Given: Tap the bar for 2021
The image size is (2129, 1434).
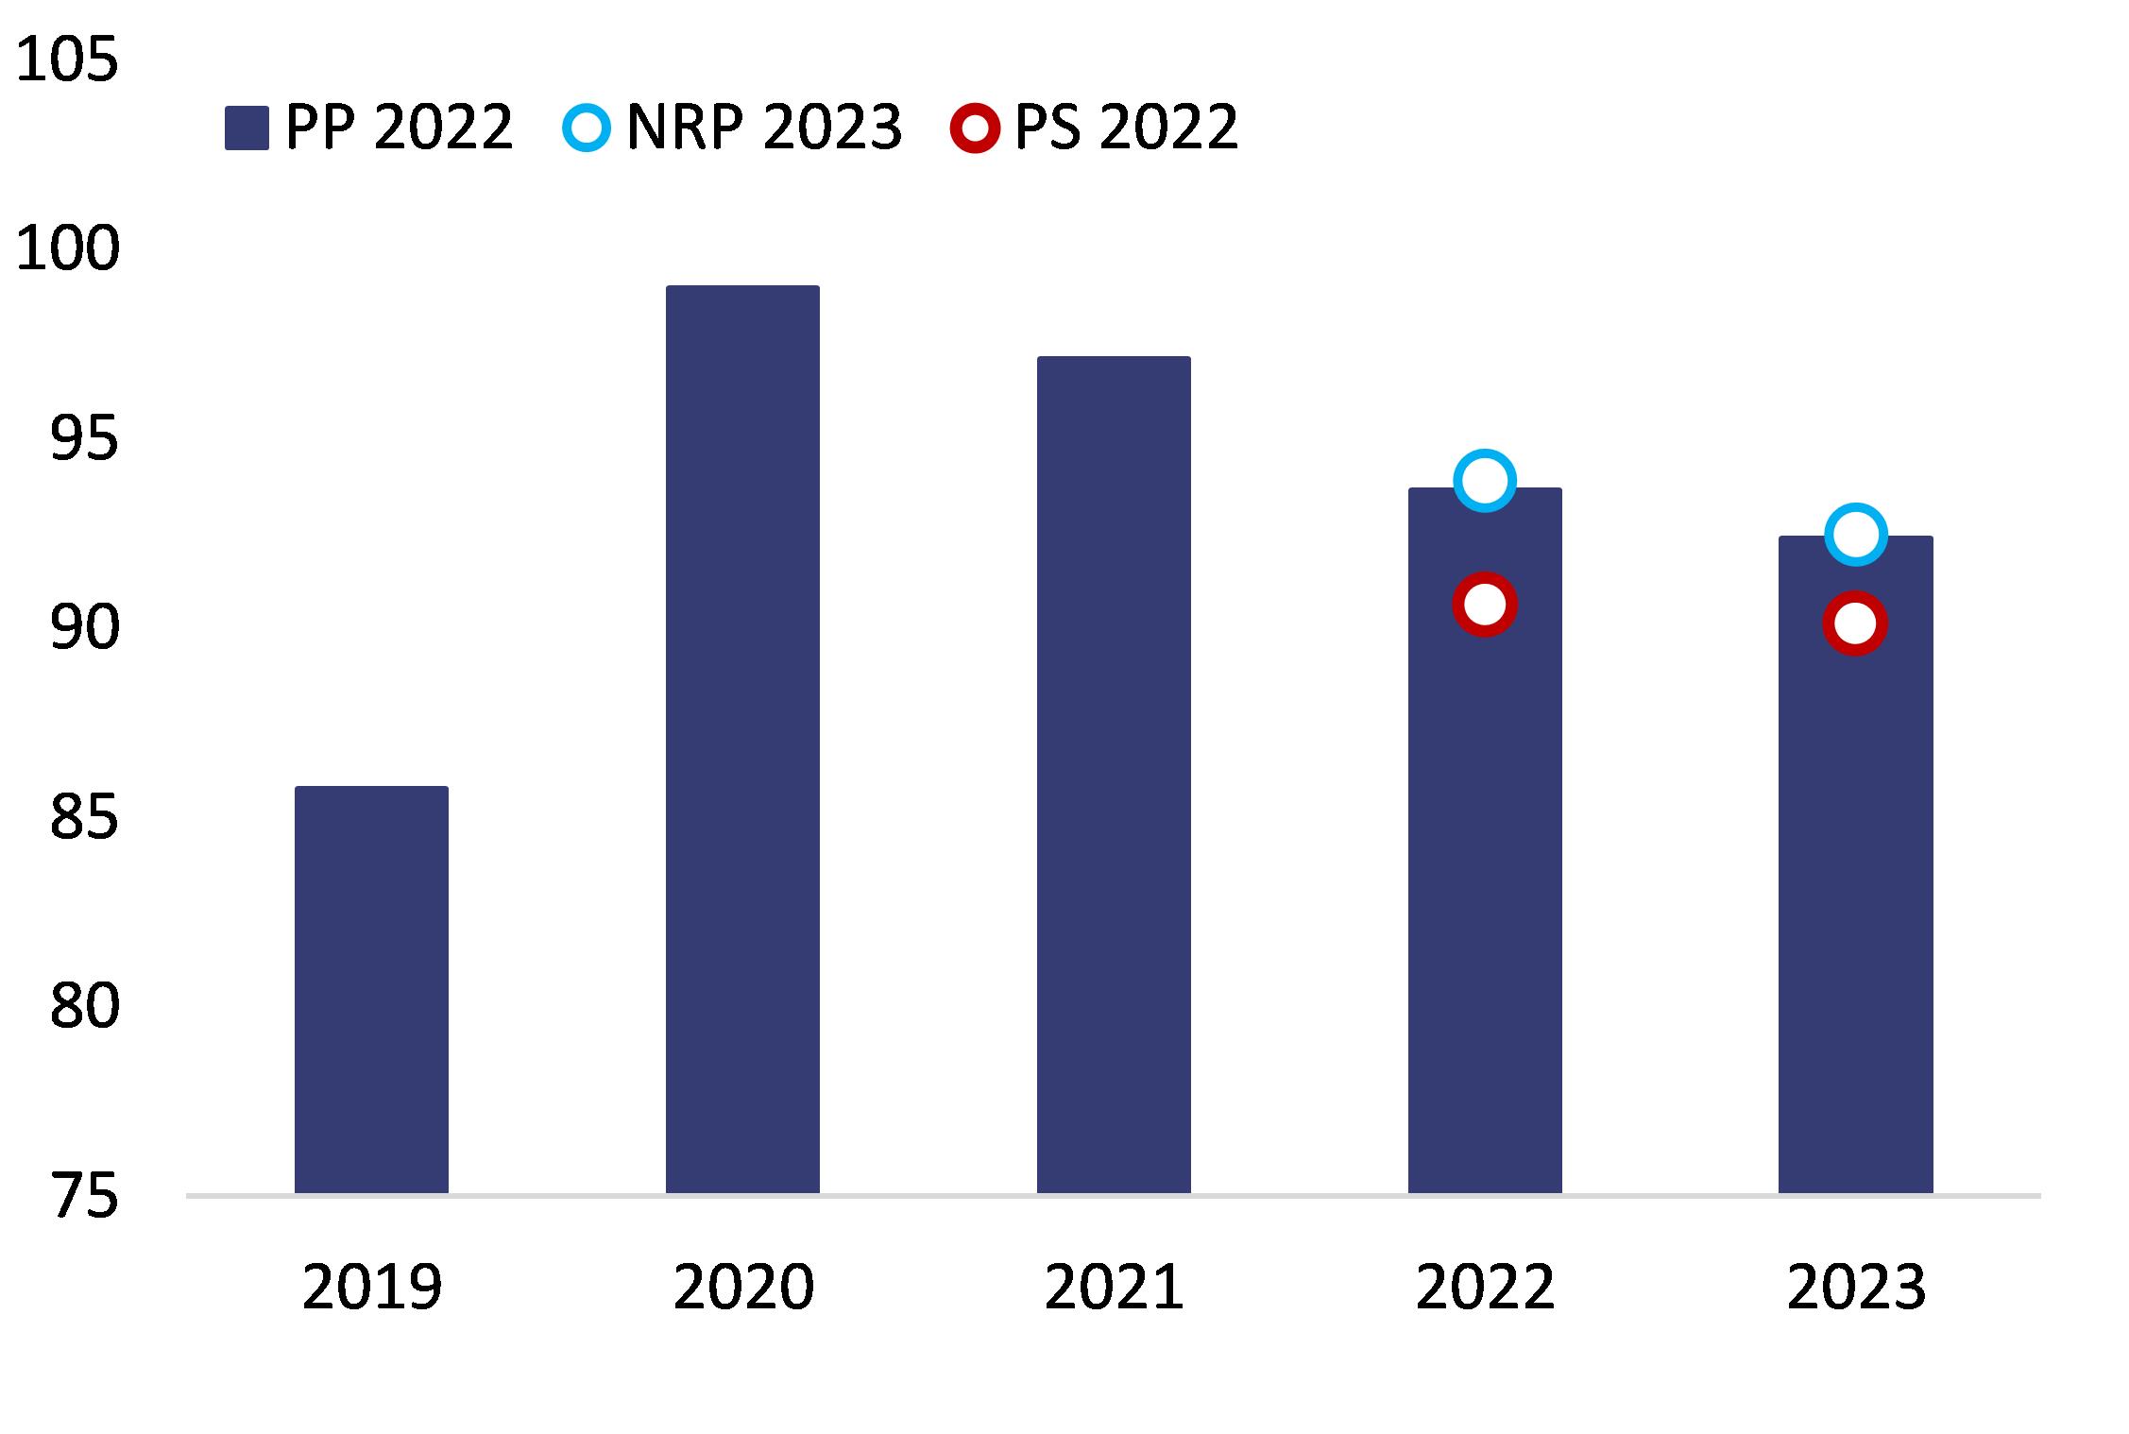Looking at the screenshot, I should [1114, 775].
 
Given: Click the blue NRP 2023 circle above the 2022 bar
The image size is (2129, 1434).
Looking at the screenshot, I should [1484, 481].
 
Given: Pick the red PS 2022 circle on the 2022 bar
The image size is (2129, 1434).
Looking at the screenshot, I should [1484, 604].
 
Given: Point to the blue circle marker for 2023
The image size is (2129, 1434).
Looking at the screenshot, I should [1855, 535].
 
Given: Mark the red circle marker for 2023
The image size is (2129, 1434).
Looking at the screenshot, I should [1855, 623].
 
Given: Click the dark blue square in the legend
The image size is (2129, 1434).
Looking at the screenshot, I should [247, 128].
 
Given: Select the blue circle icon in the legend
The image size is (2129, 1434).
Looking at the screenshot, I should [587, 127].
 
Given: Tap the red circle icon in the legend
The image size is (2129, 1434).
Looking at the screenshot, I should [975, 127].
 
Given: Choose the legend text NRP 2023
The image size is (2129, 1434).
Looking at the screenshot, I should [764, 127].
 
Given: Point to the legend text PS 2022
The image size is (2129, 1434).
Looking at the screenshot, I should [1126, 127].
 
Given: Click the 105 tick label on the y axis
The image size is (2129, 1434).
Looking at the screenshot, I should [67, 59].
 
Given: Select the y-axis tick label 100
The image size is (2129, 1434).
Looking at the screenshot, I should [67, 248].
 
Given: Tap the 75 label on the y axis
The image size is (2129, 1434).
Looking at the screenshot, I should [84, 1196].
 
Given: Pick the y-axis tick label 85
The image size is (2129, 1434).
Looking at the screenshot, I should [84, 817].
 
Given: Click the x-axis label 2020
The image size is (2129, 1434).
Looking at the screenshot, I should [742, 1287].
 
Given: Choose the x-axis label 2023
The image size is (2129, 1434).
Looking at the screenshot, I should [1855, 1287].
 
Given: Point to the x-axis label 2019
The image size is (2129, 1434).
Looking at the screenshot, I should [371, 1287].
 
